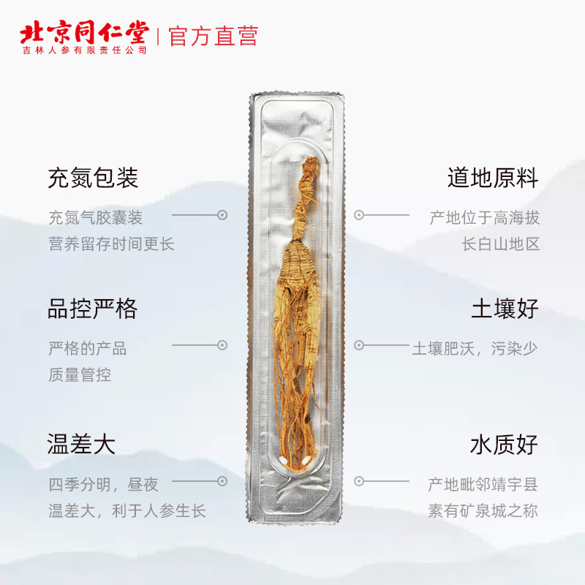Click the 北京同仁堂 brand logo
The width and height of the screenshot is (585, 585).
click(83, 33)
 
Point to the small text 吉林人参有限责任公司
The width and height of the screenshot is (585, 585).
click(84, 50)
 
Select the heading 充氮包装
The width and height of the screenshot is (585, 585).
click(93, 178)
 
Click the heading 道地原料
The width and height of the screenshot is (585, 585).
click(493, 178)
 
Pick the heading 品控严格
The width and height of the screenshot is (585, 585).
click(93, 309)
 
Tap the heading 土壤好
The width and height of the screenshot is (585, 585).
click(505, 309)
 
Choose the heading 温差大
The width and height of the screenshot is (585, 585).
click(82, 444)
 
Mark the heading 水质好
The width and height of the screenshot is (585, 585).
click(505, 444)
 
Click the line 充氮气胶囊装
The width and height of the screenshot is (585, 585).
click(95, 218)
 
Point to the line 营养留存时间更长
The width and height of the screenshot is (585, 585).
click(111, 244)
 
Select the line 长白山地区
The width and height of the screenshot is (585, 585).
click(501, 244)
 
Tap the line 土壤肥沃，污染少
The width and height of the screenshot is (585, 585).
click(475, 348)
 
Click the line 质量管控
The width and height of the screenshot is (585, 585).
click(80, 375)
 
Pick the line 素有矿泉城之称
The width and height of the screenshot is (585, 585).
click(483, 510)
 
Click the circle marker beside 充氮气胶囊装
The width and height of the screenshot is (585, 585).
click(222, 215)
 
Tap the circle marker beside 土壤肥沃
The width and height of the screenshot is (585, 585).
click(359, 344)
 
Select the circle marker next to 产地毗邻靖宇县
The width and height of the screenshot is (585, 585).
click(359, 481)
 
